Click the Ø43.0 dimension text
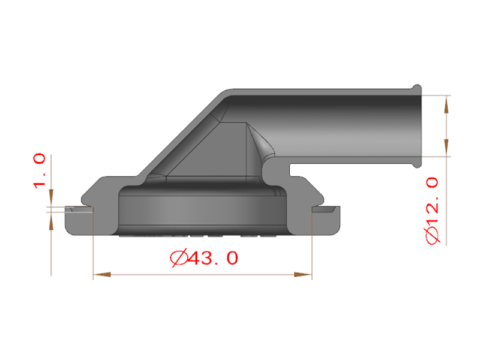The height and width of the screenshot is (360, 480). pos(205,258)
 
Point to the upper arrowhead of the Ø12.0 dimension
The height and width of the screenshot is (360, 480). pos(446,104)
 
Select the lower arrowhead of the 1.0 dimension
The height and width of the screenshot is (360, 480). pos(51,220)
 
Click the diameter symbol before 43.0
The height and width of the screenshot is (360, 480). pos(178,258)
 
